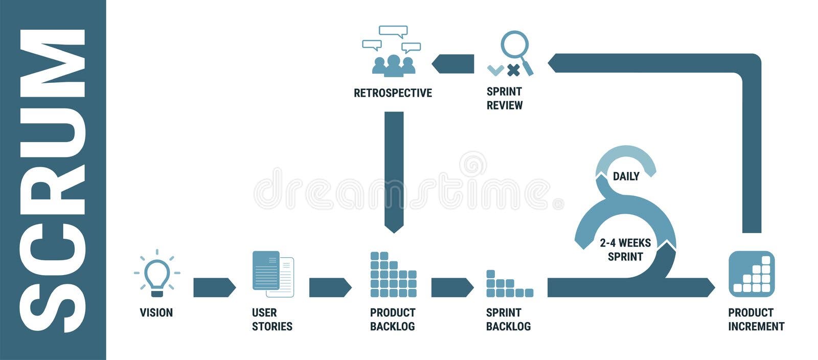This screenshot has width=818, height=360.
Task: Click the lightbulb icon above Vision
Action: (x=157, y=274)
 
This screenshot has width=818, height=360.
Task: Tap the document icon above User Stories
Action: (x=273, y=274)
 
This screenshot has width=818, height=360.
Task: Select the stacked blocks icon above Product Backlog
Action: (x=393, y=275)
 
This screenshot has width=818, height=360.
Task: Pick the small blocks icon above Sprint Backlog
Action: (x=509, y=284)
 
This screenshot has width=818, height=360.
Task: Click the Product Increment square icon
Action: (x=752, y=274)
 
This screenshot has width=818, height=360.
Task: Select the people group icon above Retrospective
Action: (x=393, y=65)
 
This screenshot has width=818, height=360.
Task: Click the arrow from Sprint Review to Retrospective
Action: (x=453, y=64)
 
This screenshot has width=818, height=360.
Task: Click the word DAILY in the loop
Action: (x=626, y=176)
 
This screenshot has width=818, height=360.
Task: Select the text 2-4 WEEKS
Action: (x=625, y=243)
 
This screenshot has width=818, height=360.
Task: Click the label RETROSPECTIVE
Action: (x=393, y=93)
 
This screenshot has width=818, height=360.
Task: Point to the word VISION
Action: (x=156, y=312)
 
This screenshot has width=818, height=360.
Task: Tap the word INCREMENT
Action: (x=756, y=326)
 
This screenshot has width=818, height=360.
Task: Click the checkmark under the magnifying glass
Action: (x=495, y=70)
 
